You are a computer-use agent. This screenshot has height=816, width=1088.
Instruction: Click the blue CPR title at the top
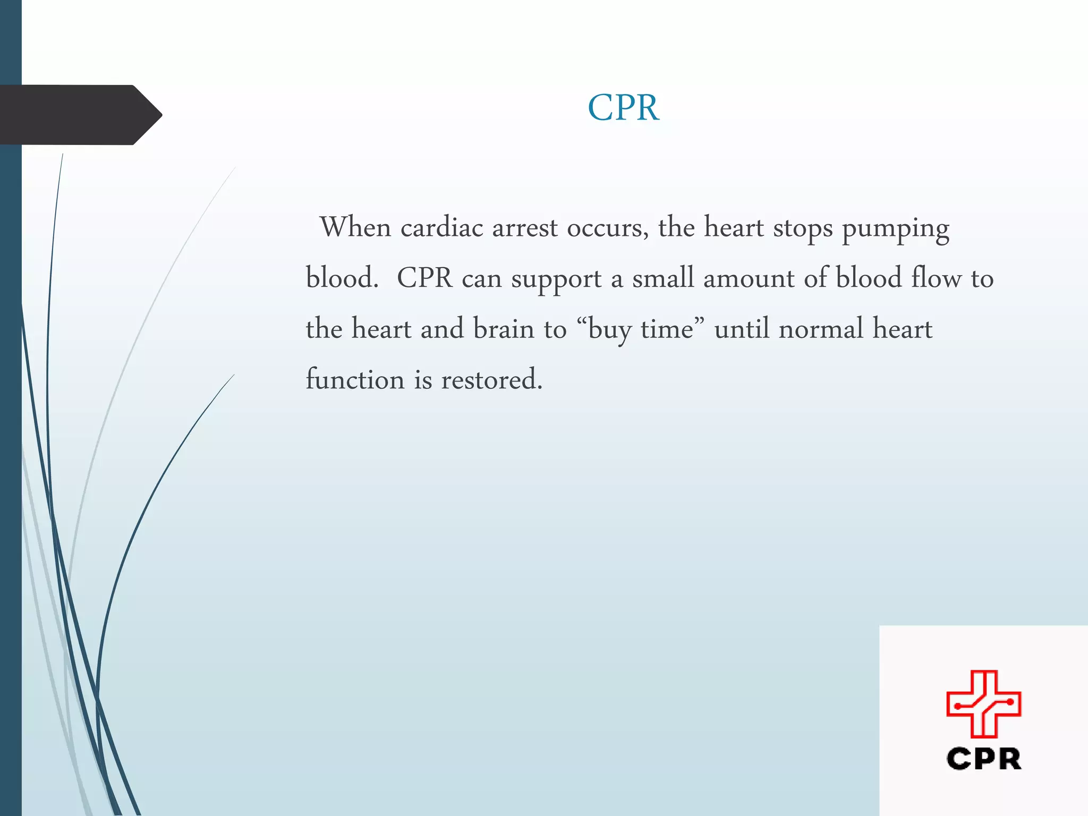click(x=623, y=108)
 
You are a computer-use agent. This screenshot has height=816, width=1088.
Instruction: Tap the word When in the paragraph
click(x=355, y=227)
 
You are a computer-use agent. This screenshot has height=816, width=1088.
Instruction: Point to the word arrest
click(x=524, y=227)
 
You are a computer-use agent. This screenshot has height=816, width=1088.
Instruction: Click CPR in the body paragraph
click(x=424, y=278)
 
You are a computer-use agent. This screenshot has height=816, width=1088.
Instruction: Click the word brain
click(x=504, y=329)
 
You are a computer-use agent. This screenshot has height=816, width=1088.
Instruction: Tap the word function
click(x=355, y=379)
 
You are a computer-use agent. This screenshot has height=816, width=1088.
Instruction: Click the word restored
click(x=491, y=379)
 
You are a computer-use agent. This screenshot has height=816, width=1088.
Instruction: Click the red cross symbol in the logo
click(x=983, y=704)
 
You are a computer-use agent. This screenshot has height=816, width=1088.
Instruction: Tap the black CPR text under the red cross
click(x=983, y=759)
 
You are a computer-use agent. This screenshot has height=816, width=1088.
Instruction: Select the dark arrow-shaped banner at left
click(x=80, y=115)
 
